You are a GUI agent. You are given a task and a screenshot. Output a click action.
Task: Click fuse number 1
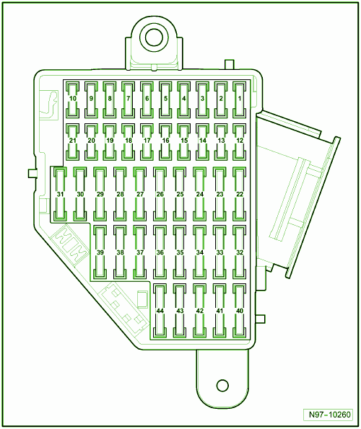click(240, 99)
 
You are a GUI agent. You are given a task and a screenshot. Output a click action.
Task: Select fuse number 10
click(73, 99)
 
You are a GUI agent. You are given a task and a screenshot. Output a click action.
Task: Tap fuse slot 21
click(73, 142)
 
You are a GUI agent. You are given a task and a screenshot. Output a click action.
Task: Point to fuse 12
click(240, 142)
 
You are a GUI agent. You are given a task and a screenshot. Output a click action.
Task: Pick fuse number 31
click(60, 194)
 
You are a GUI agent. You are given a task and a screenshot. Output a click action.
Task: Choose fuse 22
click(240, 194)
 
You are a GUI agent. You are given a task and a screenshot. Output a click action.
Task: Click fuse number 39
click(100, 252)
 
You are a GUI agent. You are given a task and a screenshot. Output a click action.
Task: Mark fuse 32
click(240, 252)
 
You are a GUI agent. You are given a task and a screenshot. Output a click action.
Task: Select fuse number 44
click(160, 311)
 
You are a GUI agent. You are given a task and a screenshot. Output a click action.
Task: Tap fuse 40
click(240, 311)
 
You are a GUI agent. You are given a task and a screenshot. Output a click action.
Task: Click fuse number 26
click(160, 194)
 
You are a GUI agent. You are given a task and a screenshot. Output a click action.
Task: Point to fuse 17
click(147, 142)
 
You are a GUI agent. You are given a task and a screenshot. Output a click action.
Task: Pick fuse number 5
click(165, 99)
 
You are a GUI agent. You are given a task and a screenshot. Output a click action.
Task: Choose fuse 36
click(160, 252)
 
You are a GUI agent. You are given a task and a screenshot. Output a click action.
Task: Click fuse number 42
click(200, 311)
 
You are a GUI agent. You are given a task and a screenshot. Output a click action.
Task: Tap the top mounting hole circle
click(154, 37)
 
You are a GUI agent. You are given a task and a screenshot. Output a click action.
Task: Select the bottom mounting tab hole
click(222, 386)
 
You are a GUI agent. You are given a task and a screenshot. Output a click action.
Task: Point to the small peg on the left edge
click(32, 174)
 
